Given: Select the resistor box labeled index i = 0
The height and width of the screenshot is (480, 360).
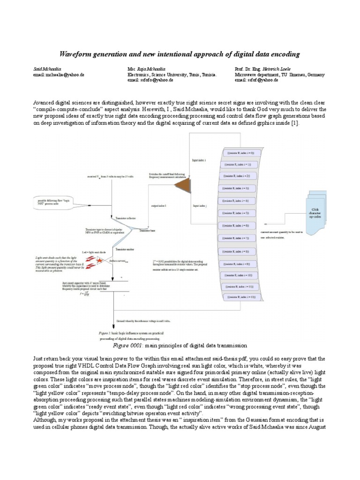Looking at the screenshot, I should coord(239,153).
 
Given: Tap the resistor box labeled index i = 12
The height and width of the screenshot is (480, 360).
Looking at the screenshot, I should coord(239,298).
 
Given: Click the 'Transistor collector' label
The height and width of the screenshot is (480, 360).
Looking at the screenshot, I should coord(123,218).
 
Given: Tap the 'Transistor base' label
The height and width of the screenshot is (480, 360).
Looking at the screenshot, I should coord(147,231).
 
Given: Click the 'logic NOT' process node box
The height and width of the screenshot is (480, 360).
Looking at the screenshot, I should coord(55,202).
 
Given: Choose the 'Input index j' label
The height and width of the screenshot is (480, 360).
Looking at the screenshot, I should coord(200,206).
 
